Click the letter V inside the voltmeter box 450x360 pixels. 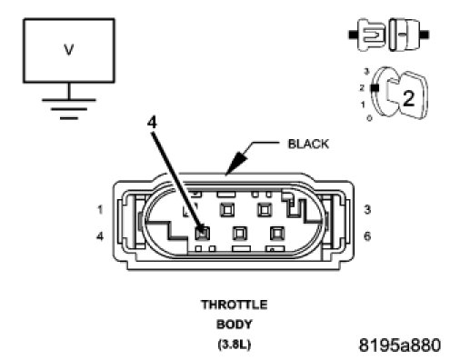69,50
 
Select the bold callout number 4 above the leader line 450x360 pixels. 152,123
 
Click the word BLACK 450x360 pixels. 308,144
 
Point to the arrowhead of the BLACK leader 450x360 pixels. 235,164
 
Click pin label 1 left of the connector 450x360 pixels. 100,209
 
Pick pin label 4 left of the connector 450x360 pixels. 100,235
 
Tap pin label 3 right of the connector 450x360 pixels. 367,209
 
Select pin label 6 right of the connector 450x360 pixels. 367,235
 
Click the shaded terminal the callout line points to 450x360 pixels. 202,233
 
